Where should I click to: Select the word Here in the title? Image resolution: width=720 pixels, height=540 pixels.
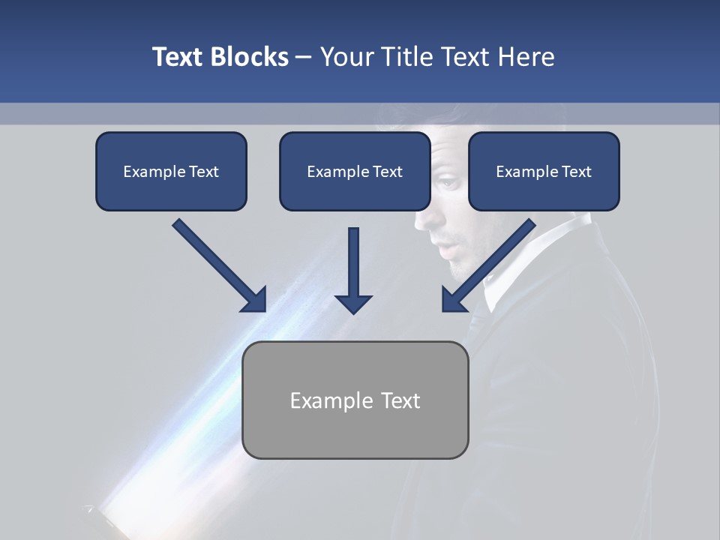click(526, 57)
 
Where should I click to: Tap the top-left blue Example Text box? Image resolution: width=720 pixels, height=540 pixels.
click(171, 171)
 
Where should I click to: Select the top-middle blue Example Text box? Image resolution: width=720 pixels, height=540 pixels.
click(355, 171)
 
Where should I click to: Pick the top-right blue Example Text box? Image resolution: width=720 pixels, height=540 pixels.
click(544, 171)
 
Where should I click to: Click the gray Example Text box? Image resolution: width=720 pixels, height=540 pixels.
click(355, 400)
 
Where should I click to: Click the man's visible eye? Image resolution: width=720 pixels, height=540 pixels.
click(448, 182)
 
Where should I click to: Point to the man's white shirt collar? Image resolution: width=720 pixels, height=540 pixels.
click(517, 262)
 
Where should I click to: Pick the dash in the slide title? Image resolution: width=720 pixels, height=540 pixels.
click(304, 57)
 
